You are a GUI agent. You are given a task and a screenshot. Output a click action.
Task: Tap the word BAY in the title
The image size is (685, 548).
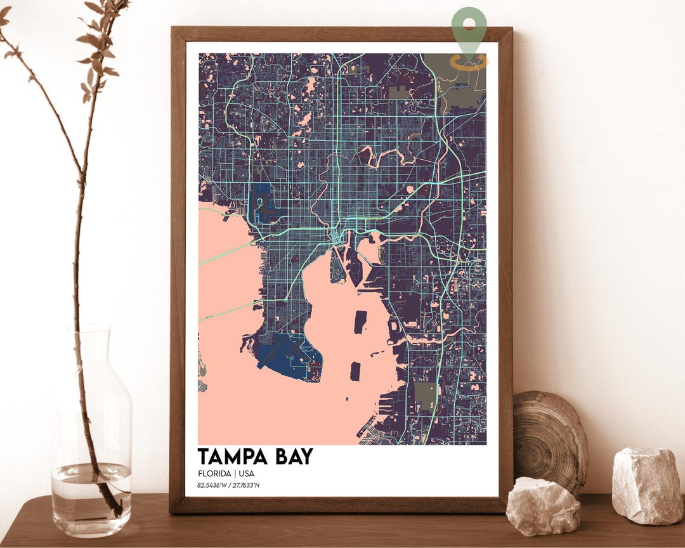pos(292,457)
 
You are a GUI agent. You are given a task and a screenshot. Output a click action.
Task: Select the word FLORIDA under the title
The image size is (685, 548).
pos(214,474)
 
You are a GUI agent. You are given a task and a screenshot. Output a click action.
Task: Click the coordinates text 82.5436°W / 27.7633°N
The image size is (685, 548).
pos(228,486)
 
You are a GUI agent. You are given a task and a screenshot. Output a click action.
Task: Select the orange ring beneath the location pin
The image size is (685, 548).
pos(469,62)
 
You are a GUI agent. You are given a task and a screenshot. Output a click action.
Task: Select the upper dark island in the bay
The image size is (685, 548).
pos(360,322)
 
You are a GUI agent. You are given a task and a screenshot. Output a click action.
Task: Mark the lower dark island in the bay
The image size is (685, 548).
pos(355,371)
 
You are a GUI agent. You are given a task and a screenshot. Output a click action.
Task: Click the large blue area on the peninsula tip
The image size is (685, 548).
pos(295,355)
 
